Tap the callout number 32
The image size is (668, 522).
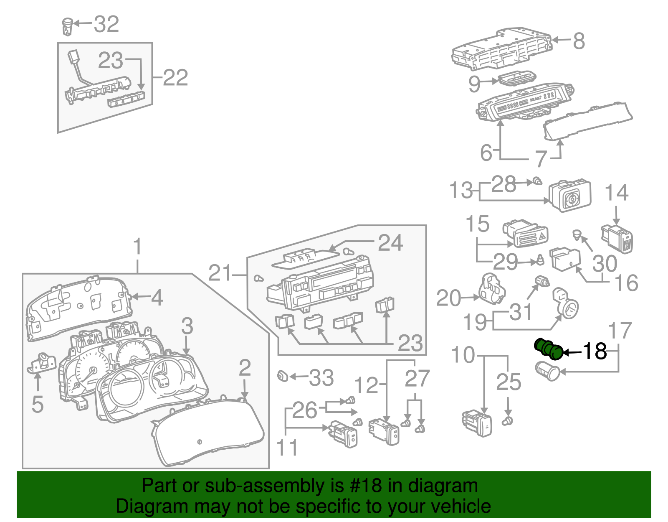pos(106,24)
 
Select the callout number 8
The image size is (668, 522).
pos(579,41)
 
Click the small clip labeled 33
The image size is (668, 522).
pos(283,375)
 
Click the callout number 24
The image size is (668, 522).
pos(390,243)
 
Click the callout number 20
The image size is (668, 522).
pos(448,298)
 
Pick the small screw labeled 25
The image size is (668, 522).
pos(508,420)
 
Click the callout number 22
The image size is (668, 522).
pos(175,78)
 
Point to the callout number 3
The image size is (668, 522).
pos(187,326)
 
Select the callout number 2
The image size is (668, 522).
pos(245,368)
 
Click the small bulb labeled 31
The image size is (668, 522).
pos(542,281)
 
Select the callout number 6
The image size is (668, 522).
pos(486,153)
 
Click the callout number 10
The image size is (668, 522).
pos(463,355)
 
